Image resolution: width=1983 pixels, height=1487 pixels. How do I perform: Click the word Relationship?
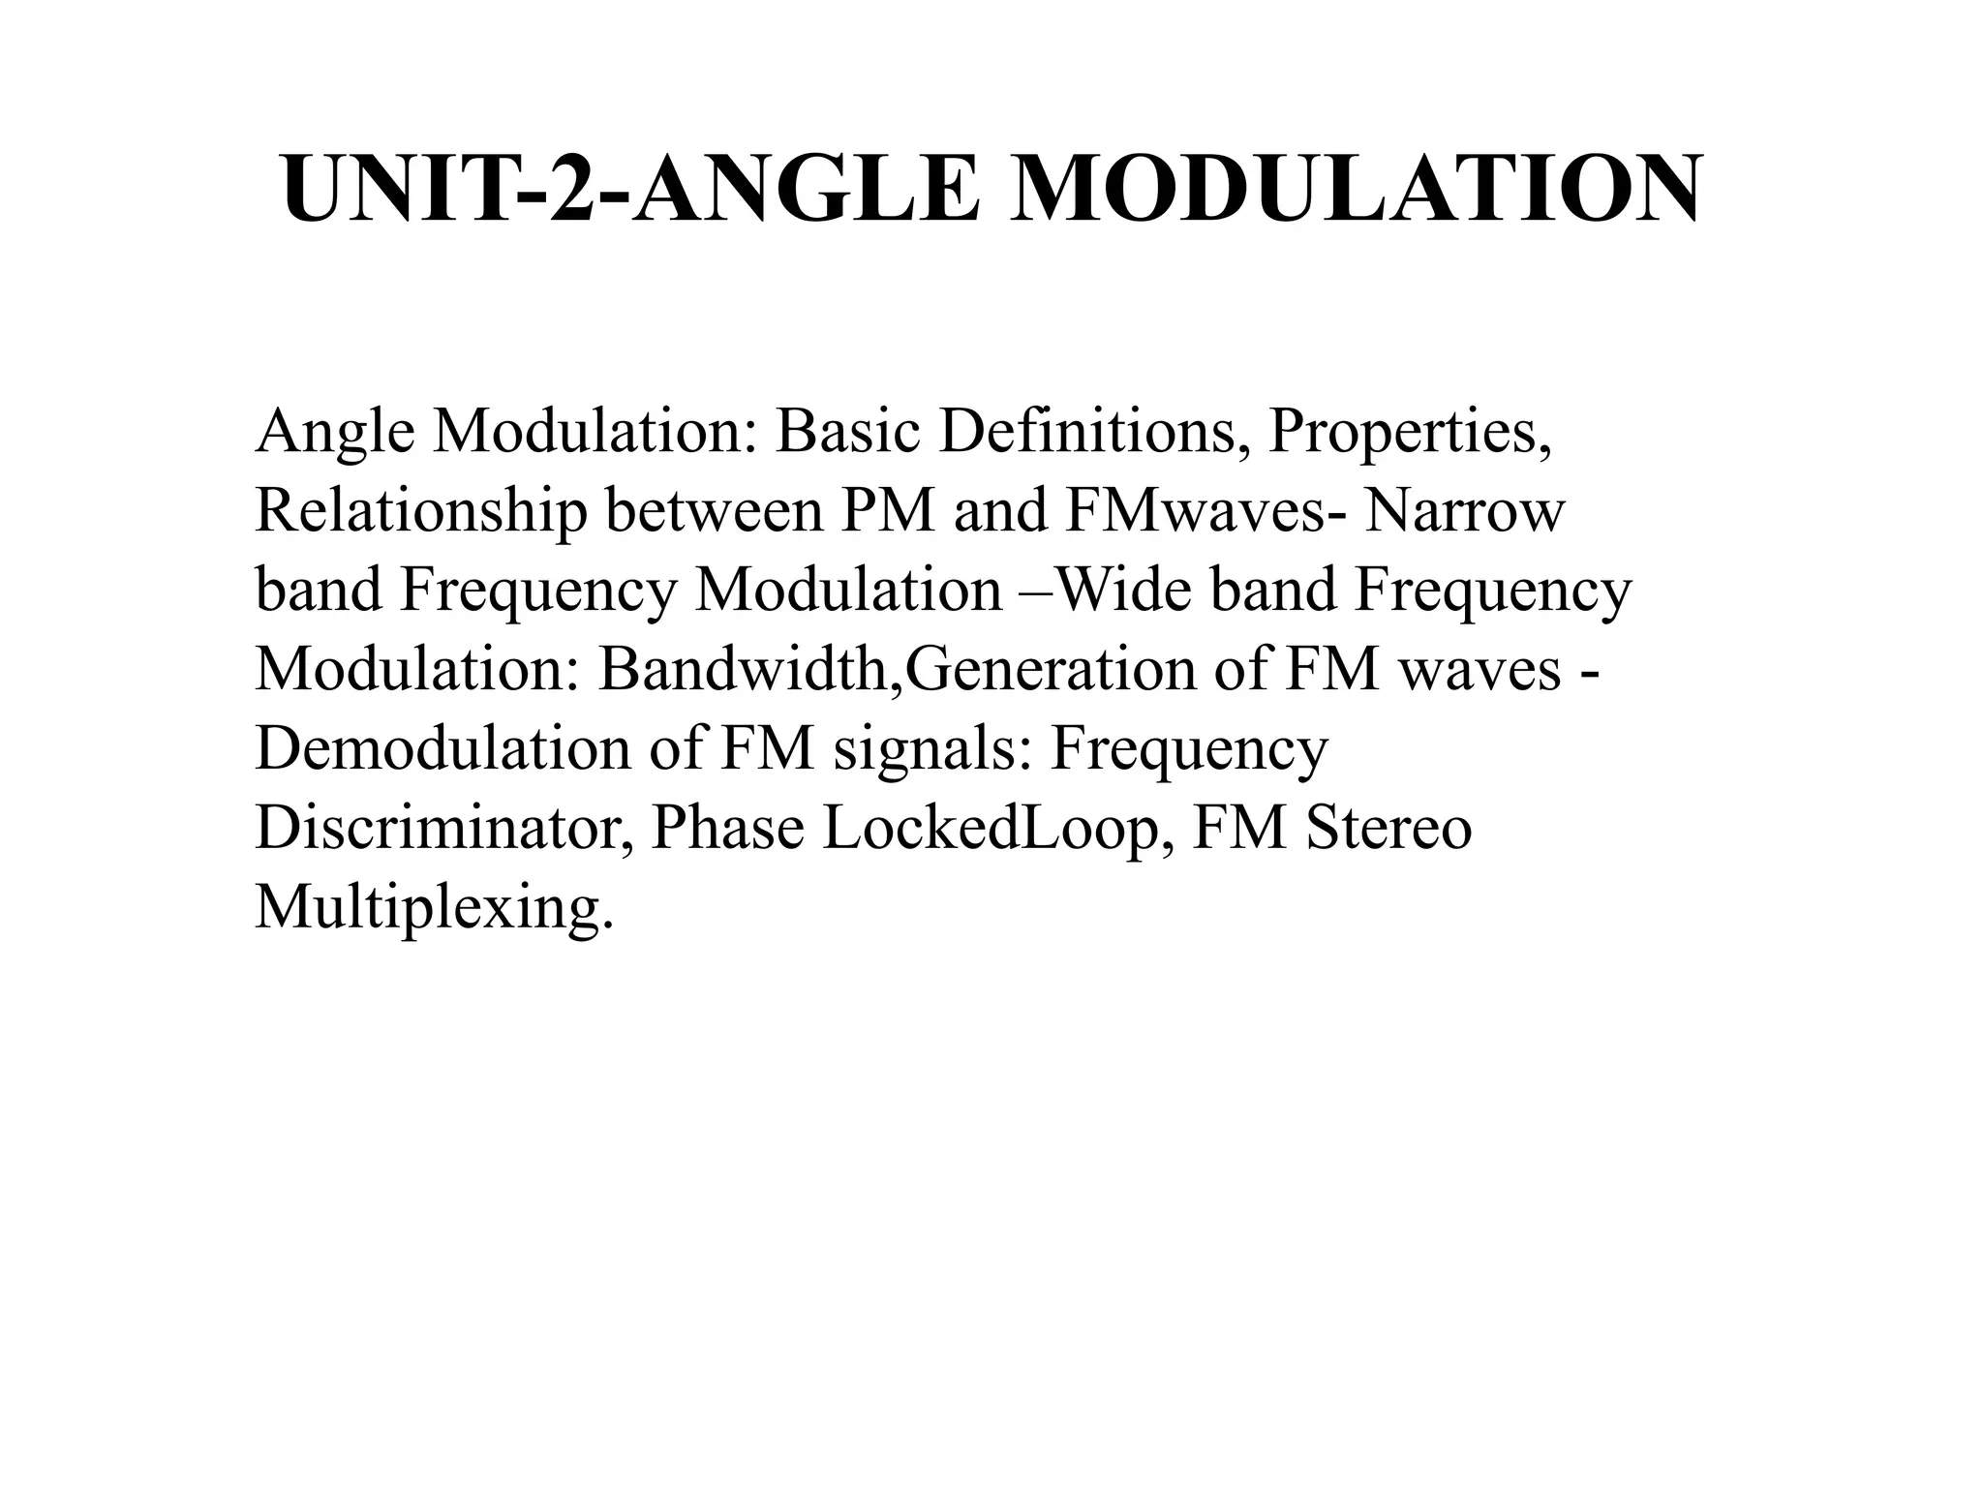click(x=420, y=512)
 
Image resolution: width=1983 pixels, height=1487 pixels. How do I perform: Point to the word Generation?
click(x=1051, y=669)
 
